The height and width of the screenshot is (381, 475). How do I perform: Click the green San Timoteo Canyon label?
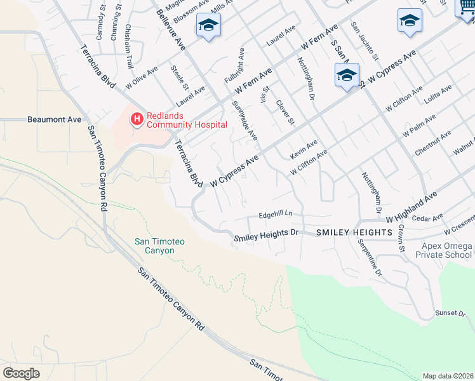[x=154, y=245]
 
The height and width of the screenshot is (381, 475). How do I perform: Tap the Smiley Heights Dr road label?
[x=266, y=236]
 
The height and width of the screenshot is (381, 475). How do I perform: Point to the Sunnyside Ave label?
[x=244, y=121]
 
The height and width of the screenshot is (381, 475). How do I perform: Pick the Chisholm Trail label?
[x=130, y=47]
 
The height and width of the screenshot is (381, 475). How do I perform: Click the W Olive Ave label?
[x=141, y=77]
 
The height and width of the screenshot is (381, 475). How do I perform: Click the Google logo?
[x=21, y=373]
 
